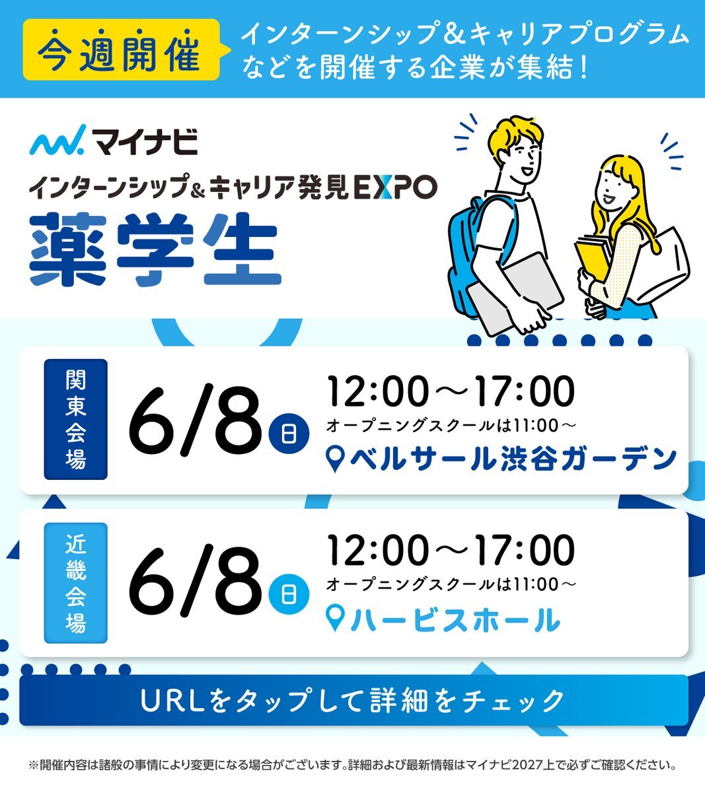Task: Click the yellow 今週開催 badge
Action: tap(122, 49)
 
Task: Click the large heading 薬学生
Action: tap(155, 249)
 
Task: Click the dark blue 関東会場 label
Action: tap(75, 420)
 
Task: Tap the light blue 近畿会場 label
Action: tap(75, 582)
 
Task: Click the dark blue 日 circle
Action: tap(289, 434)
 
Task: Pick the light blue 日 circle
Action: tap(289, 595)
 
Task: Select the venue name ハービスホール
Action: tap(455, 620)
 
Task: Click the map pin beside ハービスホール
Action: tap(335, 620)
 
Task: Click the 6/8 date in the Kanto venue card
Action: tap(195, 420)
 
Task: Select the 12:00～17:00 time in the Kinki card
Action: tap(451, 551)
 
